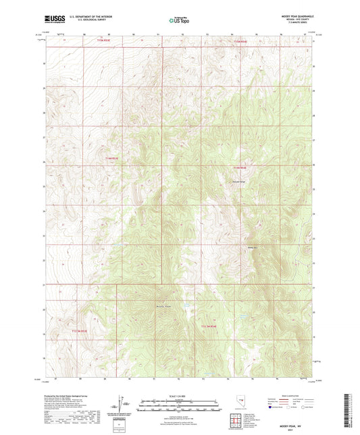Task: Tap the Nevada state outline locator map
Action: click(x=240, y=401)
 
